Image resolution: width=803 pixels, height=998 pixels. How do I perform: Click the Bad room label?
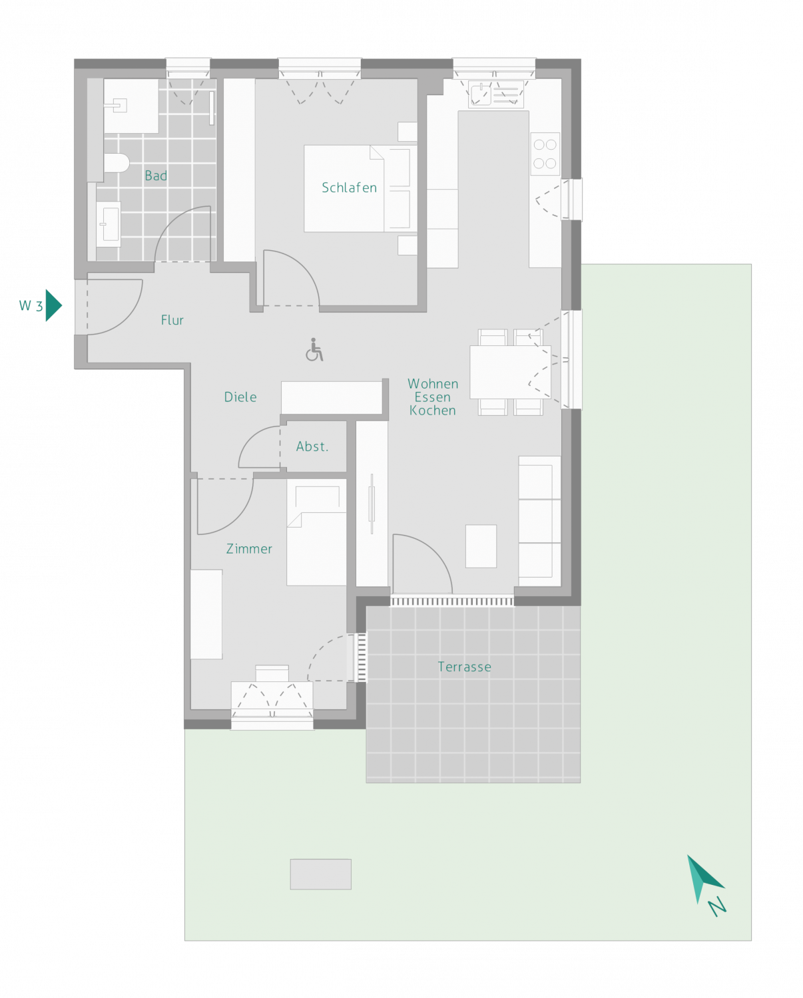click(x=156, y=175)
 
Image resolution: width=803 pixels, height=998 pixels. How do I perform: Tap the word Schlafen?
click(x=349, y=188)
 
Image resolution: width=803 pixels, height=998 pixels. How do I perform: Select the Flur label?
click(x=172, y=320)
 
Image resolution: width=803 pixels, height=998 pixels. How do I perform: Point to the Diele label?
click(x=240, y=397)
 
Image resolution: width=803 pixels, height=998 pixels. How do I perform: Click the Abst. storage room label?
click(x=312, y=446)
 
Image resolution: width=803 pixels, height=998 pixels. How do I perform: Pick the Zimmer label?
click(x=249, y=549)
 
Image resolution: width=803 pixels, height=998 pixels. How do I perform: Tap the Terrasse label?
click(x=464, y=667)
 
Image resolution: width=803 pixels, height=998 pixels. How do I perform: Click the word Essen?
click(x=432, y=397)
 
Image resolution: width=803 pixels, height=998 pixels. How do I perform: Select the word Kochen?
click(x=432, y=411)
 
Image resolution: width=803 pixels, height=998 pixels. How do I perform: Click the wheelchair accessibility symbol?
click(x=314, y=350)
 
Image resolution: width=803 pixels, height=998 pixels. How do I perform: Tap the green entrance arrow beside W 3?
click(x=53, y=305)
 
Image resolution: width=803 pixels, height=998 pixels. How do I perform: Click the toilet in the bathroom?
click(x=117, y=163)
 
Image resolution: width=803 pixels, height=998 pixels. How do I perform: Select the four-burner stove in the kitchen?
click(x=545, y=154)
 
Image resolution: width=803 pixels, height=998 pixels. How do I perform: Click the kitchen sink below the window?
click(x=496, y=94)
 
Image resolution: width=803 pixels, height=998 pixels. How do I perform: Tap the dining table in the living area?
click(x=510, y=372)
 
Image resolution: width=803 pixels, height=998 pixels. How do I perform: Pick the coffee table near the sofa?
click(x=481, y=546)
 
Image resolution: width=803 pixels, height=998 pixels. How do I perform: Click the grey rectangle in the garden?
click(x=321, y=874)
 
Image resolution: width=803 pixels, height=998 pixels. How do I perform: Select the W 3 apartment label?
click(x=31, y=305)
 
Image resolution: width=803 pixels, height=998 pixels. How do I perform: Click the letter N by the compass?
click(x=717, y=906)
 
